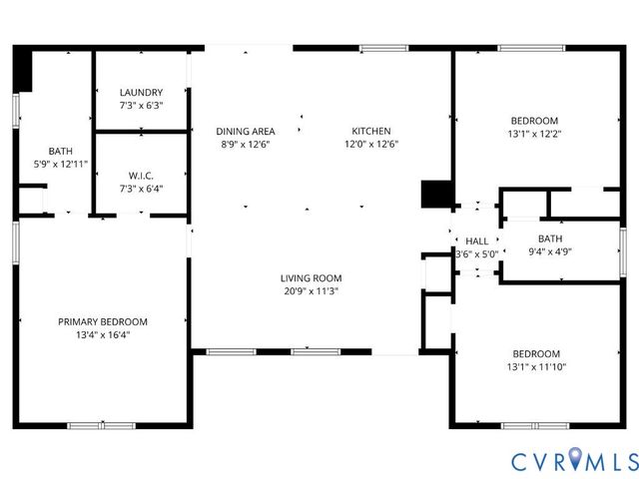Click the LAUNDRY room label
[x=141, y=93]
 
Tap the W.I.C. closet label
[x=141, y=176]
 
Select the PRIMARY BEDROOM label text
[x=103, y=321]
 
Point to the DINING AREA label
[x=246, y=131]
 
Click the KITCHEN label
[x=370, y=131]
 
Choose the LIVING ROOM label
[x=313, y=278]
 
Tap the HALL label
[x=477, y=241]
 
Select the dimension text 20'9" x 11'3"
[x=313, y=291]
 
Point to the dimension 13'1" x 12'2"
[x=536, y=134]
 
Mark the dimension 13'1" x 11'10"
[x=536, y=366]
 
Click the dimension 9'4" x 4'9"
[x=550, y=252]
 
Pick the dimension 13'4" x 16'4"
[x=103, y=335]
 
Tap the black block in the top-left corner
[x=23, y=69]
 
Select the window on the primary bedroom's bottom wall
[x=101, y=426]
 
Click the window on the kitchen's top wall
[x=383, y=47]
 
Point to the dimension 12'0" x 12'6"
[x=370, y=144]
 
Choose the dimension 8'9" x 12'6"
[x=246, y=144]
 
